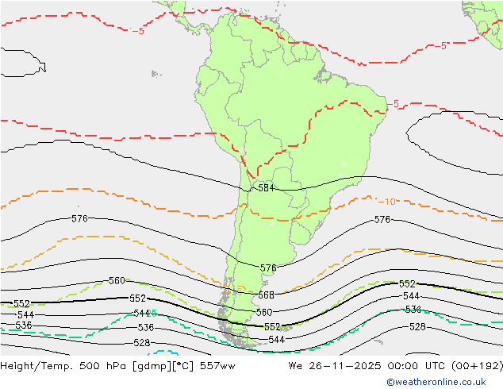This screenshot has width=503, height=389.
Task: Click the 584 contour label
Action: tap(266, 188)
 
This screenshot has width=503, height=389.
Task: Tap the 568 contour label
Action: tap(266, 295)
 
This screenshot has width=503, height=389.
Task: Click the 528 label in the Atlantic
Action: tap(417, 327)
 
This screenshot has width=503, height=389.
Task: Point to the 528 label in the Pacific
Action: tap(141, 343)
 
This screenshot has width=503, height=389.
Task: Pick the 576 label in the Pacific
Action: tap(79, 218)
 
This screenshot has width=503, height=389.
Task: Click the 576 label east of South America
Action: tap(382, 219)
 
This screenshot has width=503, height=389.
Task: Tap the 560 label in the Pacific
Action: tap(117, 281)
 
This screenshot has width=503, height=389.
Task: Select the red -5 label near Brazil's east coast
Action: tap(394, 103)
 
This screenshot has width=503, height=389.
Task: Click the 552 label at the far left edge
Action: tap(21, 304)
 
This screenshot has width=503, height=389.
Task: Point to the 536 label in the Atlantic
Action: tap(413, 310)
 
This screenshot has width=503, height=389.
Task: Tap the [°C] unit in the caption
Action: tap(182, 366)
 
